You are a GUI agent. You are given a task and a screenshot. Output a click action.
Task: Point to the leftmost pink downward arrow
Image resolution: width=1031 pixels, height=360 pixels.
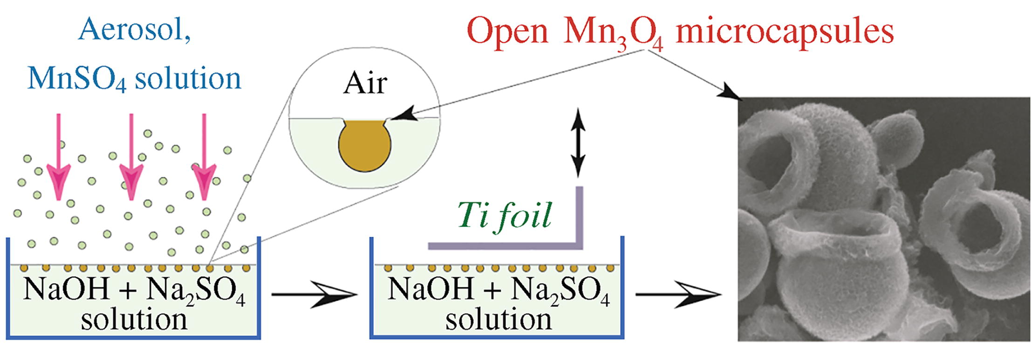[58, 158]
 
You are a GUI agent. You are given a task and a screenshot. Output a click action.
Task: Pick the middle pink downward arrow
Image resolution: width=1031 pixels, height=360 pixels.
[131, 158]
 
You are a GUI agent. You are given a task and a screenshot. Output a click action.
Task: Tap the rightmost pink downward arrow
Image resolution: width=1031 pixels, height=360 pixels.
[204, 158]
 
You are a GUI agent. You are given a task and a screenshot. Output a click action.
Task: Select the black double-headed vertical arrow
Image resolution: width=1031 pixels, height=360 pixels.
[578, 143]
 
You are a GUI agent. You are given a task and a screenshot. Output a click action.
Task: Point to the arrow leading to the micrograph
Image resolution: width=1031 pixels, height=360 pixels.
[678, 294]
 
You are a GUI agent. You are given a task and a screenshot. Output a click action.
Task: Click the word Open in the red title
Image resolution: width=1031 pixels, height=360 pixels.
[507, 32]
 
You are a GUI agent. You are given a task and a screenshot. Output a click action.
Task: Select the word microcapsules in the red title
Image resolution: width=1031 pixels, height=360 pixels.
[785, 32]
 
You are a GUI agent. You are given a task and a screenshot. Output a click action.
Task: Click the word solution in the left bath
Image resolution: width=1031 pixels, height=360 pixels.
[134, 320]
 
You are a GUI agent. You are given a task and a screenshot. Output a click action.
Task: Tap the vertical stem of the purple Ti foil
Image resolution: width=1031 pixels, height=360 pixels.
[579, 214]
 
